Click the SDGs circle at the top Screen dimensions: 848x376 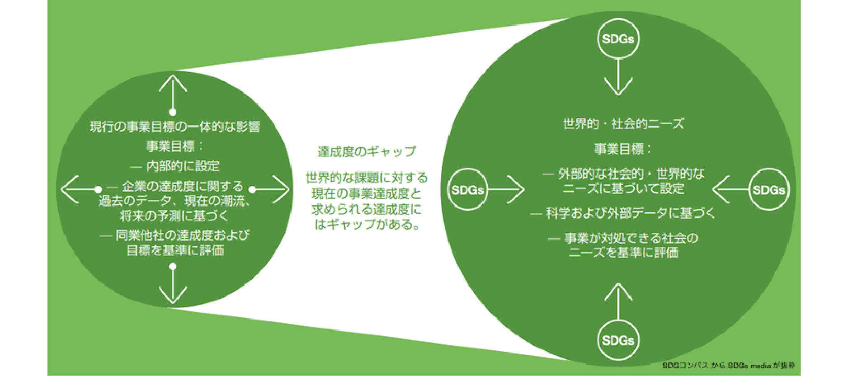(618, 38)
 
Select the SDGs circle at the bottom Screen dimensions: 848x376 (618, 340)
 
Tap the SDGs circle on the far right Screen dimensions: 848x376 (768, 189)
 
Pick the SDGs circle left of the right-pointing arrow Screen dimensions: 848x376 (467, 189)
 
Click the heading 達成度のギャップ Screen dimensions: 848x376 (367, 152)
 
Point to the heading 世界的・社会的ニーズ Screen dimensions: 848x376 (623, 124)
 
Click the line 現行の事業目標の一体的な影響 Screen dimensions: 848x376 (175, 126)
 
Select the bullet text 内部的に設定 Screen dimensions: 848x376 (183, 166)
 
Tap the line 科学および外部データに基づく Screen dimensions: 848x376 (631, 213)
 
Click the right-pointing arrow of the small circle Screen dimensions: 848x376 (270, 189)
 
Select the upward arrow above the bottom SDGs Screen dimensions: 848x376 (618, 301)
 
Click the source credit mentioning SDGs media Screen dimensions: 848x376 (729, 366)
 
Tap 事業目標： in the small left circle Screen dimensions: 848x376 (175, 146)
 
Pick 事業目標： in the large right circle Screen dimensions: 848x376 (623, 149)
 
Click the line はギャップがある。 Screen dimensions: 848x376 (367, 224)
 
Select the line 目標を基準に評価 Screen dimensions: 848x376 (175, 250)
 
